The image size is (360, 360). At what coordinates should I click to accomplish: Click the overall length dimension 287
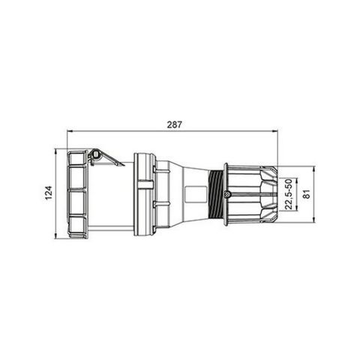(173, 121)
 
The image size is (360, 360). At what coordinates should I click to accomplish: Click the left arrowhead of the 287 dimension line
(70, 129)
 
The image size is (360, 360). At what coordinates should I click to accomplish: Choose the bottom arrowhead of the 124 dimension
(57, 238)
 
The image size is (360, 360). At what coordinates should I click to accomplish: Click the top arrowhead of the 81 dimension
(313, 166)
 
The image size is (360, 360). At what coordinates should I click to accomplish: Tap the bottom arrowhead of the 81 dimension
(313, 223)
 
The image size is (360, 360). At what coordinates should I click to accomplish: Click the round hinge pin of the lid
(95, 156)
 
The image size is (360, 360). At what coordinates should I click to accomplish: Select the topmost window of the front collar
(77, 161)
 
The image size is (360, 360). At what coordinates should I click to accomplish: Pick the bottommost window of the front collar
(77, 226)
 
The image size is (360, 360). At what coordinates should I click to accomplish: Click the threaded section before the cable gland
(217, 194)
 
